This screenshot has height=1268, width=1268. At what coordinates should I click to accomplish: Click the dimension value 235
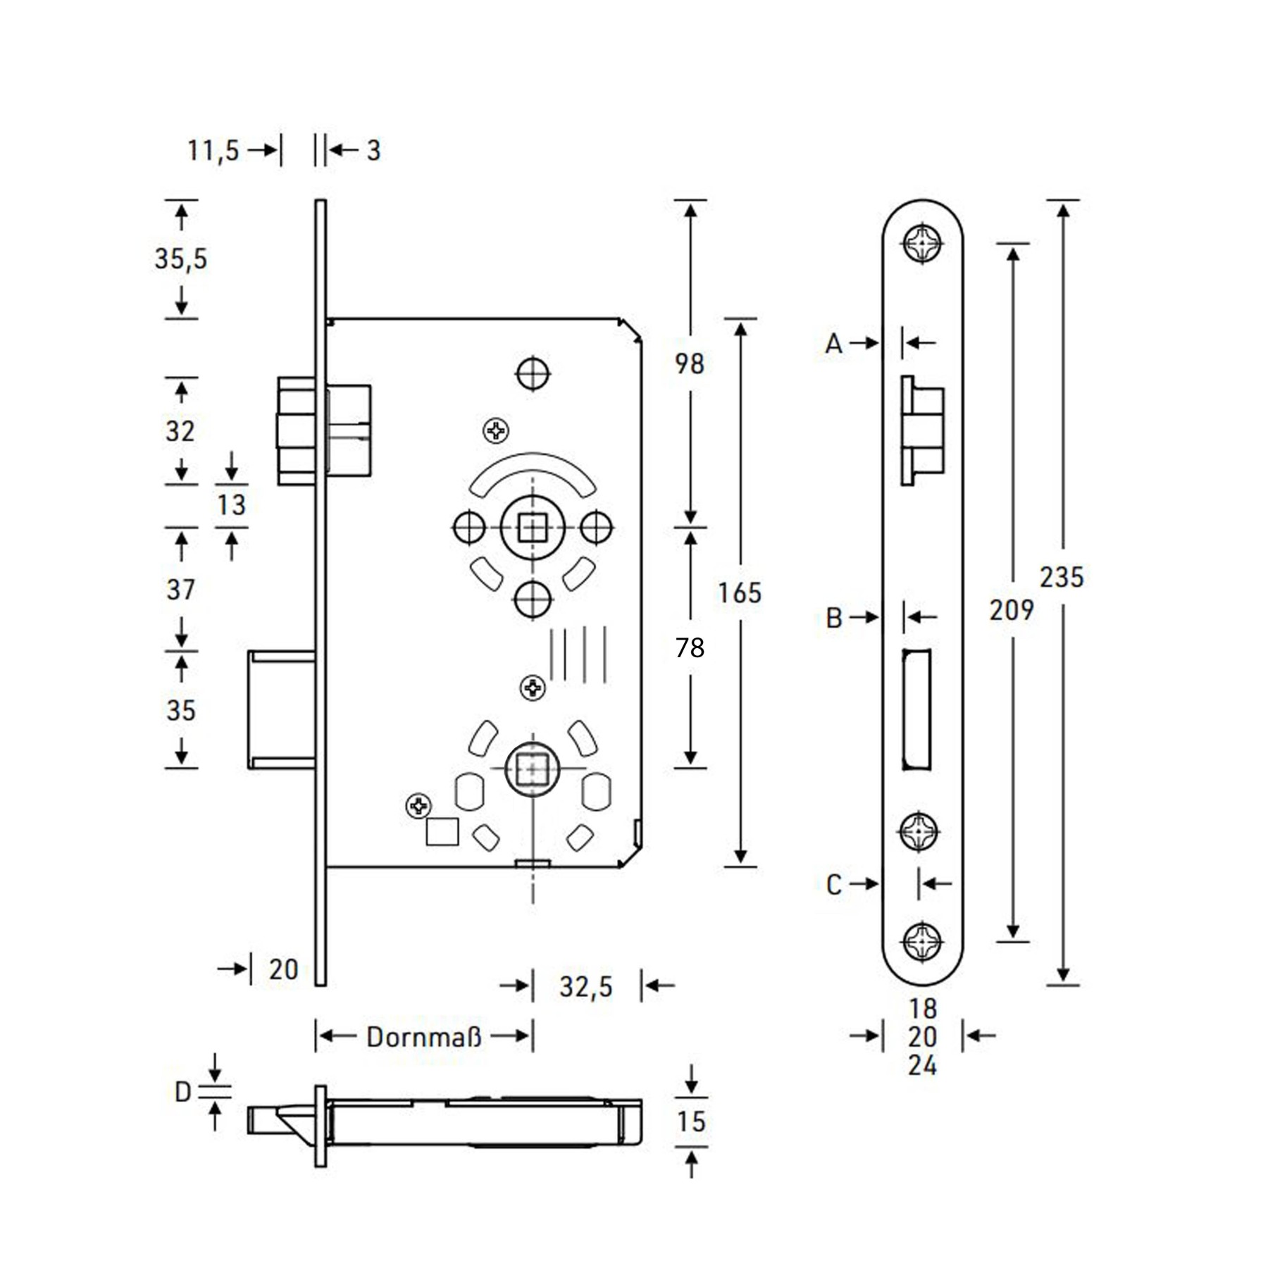click(1062, 578)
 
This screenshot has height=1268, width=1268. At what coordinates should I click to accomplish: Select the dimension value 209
click(1012, 610)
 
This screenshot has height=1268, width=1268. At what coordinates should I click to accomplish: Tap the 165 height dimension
click(740, 593)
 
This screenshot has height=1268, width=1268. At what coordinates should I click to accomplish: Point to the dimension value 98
click(689, 363)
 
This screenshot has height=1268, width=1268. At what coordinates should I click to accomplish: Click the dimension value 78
click(690, 647)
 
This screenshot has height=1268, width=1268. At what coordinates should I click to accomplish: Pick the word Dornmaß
click(424, 1037)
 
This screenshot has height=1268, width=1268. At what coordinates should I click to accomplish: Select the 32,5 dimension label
click(586, 987)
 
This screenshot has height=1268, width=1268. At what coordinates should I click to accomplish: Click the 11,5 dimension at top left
click(213, 151)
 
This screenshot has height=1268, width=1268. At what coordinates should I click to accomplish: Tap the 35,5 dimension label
click(181, 259)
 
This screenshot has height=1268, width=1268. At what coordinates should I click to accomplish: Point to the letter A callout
click(834, 344)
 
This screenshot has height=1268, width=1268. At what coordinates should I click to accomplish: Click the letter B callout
click(834, 618)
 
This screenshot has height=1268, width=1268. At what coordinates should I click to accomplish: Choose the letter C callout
click(834, 884)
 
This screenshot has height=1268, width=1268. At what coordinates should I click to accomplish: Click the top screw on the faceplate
click(922, 244)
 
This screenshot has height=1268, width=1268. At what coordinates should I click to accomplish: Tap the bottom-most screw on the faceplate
click(922, 940)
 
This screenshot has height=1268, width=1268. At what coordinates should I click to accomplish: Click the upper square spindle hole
click(533, 527)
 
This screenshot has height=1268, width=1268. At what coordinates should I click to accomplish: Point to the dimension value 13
click(232, 505)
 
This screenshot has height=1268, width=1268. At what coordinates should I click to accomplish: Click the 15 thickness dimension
click(691, 1121)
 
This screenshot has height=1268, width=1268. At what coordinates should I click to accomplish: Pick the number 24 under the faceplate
click(922, 1065)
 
